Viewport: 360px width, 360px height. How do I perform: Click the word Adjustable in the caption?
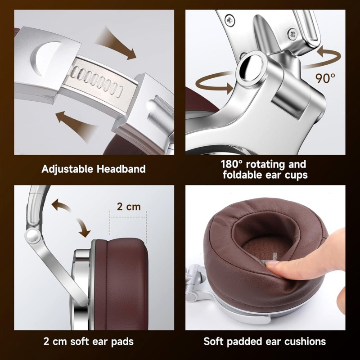click(x=67, y=169)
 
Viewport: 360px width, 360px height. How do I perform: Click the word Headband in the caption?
click(x=121, y=169)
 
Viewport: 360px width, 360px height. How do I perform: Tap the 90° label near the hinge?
click(x=325, y=78)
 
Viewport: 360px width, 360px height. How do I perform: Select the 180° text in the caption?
click(x=231, y=164)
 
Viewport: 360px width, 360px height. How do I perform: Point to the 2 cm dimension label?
click(x=129, y=207)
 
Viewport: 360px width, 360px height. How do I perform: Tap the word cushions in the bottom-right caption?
click(x=305, y=341)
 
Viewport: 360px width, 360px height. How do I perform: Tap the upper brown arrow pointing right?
click(x=116, y=44)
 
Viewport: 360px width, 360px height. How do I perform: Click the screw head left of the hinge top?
click(x=230, y=20)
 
